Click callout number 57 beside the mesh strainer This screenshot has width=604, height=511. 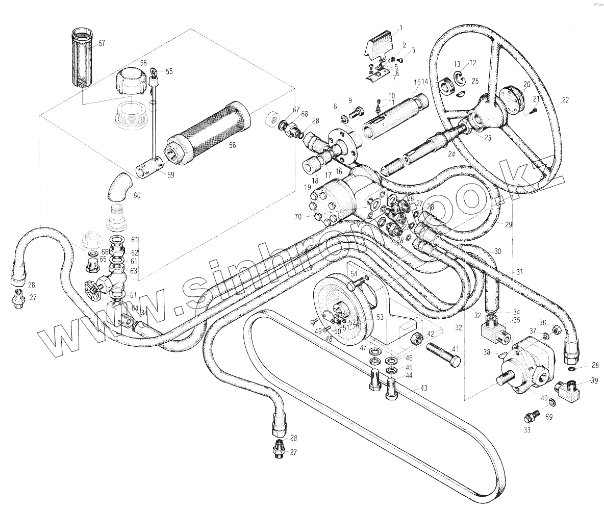click(102, 44)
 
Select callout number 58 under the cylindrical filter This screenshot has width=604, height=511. click(232, 145)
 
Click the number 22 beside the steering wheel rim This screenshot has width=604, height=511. click(565, 100)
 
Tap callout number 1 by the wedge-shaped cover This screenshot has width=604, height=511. click(401, 27)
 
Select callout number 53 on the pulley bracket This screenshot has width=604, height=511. click(380, 317)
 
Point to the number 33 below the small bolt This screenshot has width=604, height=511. click(527, 430)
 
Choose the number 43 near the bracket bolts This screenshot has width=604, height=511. click(423, 389)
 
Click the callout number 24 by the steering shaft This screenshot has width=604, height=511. click(450, 154)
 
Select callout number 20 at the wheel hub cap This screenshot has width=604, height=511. click(526, 84)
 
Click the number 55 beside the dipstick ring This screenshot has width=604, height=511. click(169, 72)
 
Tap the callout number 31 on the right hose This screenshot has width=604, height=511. click(520, 272)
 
